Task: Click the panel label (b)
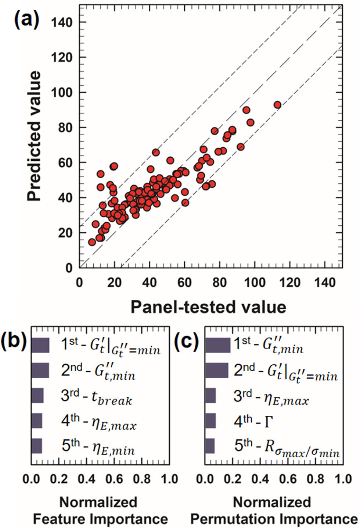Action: coord(14,341)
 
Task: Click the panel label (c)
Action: coord(186,341)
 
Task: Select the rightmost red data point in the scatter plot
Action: coord(277,105)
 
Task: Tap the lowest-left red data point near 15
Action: coord(92,242)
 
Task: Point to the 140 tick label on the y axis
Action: coord(61,22)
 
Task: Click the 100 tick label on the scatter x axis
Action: coord(255,283)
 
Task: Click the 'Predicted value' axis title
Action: coord(34,136)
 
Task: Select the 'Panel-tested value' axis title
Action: coord(208,307)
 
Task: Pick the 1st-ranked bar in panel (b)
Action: coord(40,345)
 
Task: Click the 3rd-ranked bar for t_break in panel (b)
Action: coord(37,396)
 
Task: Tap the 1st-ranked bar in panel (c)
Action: coord(217,345)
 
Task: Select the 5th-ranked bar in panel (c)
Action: coord(210,446)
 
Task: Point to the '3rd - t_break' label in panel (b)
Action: coord(97,396)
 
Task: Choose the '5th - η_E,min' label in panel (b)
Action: coord(98,447)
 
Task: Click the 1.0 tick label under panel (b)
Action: coord(169,479)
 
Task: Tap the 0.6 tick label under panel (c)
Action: coord(288,479)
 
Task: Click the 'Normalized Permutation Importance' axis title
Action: coord(273,511)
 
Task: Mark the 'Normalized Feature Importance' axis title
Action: coord(100,511)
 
